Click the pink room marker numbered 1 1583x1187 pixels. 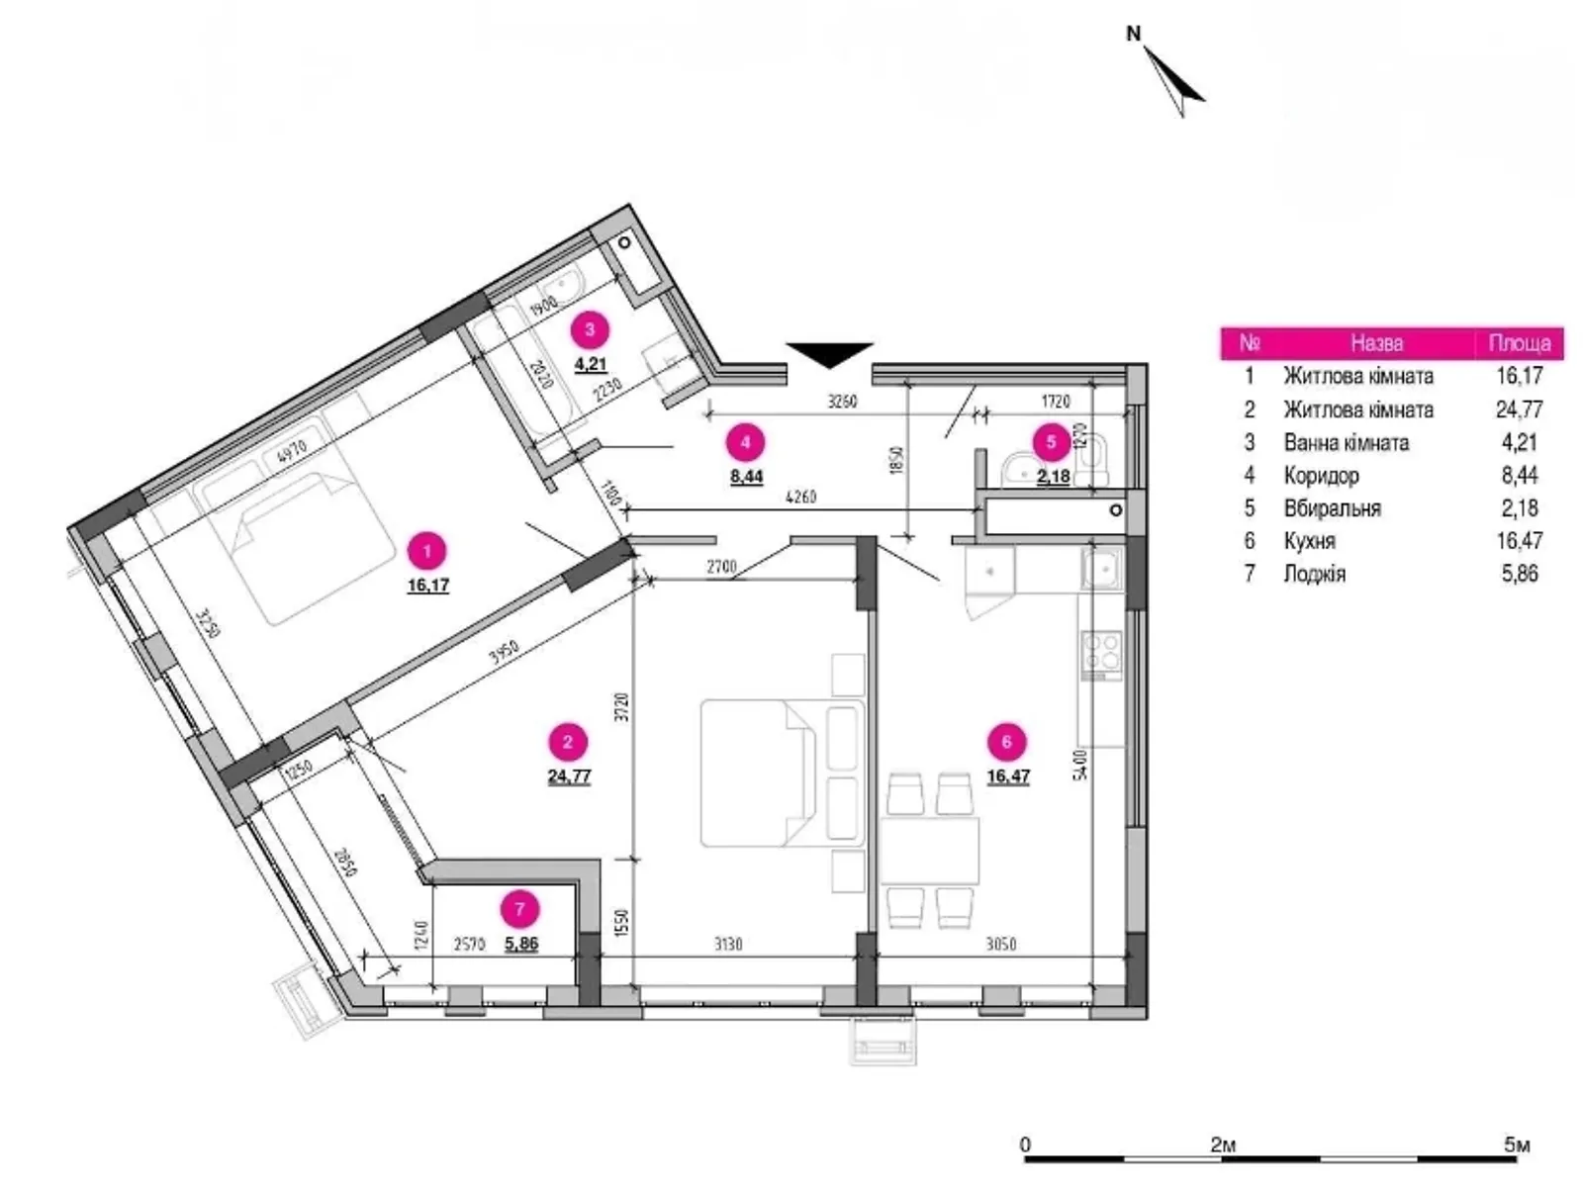427,551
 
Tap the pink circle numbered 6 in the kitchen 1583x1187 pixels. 1007,742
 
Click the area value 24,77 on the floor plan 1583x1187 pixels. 569,776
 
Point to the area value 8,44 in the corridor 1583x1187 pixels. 746,477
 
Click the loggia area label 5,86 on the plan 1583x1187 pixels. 521,944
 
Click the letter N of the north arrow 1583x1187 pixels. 1134,34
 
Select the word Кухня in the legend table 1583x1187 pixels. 1309,541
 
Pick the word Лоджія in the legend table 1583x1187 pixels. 1314,574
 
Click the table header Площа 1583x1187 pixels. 1519,343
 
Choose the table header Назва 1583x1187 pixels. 1376,343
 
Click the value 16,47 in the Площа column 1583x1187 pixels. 1519,541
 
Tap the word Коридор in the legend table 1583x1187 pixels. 1321,476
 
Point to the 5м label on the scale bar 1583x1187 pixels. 1517,1145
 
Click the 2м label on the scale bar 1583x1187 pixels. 1223,1145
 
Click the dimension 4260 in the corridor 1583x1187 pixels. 800,498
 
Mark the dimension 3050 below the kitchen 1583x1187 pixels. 1001,945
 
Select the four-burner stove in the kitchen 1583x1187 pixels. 1101,654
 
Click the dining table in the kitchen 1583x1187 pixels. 930,851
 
